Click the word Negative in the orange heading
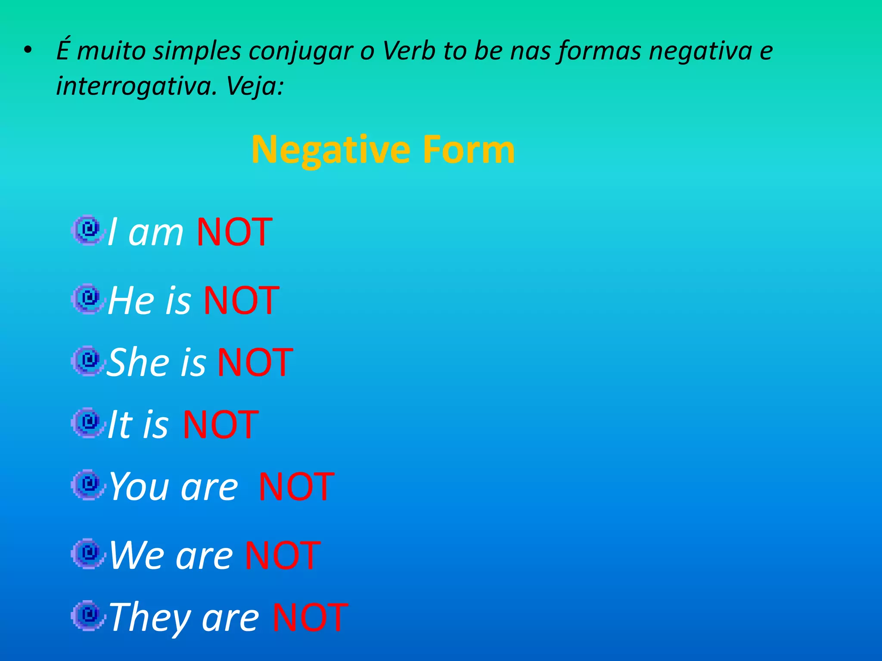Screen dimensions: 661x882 point(330,150)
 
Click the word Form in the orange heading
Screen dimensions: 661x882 point(468,150)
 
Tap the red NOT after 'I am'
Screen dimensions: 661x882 point(234,232)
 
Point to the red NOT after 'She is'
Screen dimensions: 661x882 point(255,362)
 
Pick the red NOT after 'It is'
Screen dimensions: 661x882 point(220,425)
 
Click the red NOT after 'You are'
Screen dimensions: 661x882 point(296,487)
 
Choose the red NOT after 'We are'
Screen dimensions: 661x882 point(283,555)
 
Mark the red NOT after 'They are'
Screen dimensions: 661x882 point(310,618)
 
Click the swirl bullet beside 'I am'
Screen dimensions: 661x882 point(89,230)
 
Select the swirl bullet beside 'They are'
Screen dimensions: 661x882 point(89,615)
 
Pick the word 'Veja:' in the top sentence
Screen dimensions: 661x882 point(255,86)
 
